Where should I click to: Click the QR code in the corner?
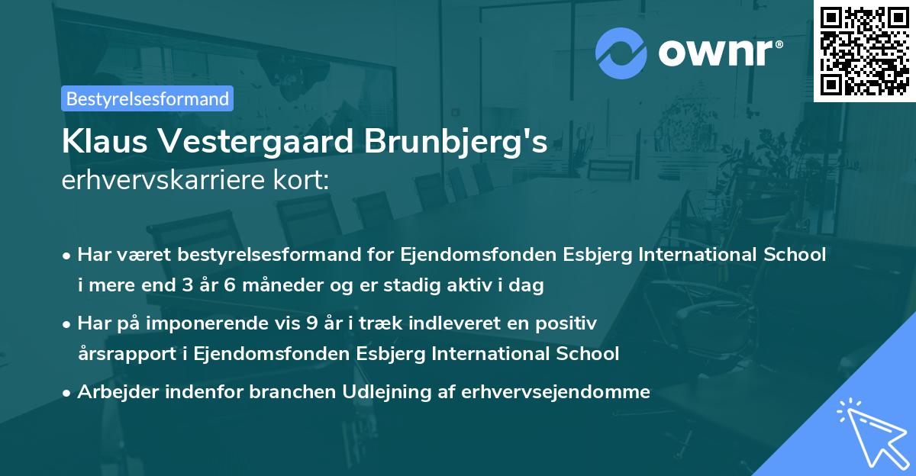tap(863, 50)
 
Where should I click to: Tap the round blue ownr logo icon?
tap(621, 53)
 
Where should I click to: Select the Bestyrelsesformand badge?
tap(147, 98)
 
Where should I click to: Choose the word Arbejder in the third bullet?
tap(113, 392)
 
